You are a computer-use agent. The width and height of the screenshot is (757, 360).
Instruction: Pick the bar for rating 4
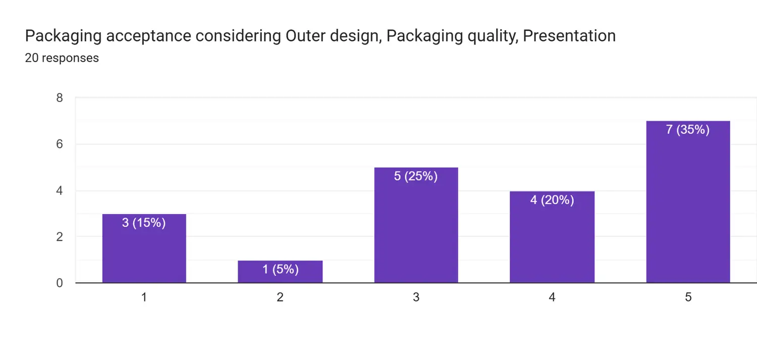552,237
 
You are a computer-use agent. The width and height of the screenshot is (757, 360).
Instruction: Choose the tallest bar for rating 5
688,202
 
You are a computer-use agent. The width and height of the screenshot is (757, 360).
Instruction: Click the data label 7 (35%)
688,130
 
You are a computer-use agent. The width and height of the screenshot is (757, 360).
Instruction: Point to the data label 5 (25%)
416,176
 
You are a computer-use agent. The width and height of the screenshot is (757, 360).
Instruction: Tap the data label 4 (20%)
552,200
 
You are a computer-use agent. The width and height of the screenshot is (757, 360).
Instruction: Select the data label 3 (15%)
144,223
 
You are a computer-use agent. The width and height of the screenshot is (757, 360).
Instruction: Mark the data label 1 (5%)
280,270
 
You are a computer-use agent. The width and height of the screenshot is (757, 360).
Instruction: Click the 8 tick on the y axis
60,98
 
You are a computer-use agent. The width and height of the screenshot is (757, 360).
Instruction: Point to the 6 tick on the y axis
60,144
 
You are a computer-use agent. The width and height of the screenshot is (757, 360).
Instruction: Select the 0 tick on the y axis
60,283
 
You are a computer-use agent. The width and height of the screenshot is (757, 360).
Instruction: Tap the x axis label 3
416,297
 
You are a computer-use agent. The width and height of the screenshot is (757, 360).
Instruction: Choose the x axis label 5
688,297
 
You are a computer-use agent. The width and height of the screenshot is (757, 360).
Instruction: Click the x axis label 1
144,297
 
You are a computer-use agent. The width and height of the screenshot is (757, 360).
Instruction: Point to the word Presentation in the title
569,36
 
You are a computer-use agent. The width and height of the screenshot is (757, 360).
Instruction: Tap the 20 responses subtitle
62,58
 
